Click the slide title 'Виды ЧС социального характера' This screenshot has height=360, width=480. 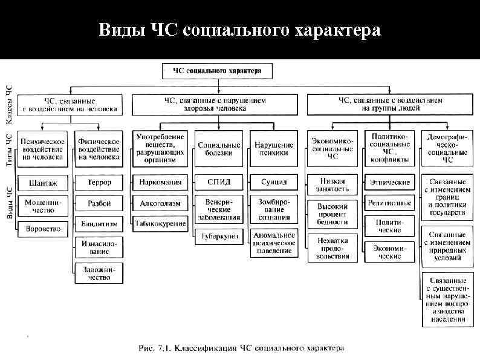click(x=240, y=30)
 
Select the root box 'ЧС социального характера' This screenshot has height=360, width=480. click(x=217, y=71)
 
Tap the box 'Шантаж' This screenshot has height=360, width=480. click(x=41, y=182)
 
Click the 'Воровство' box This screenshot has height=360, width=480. click(x=41, y=230)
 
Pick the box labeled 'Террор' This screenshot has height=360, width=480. click(x=99, y=182)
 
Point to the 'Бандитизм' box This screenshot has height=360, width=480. click(x=99, y=224)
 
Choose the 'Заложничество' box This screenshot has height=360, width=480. click(x=99, y=273)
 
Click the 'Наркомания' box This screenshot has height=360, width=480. click(x=160, y=182)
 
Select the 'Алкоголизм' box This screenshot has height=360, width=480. click(x=160, y=203)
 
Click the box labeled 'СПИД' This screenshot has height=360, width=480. click(x=219, y=182)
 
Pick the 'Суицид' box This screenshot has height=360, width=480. click(x=274, y=182)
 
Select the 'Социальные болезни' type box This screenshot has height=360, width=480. click(x=219, y=149)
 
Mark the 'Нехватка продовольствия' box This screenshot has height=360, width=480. click(x=332, y=248)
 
